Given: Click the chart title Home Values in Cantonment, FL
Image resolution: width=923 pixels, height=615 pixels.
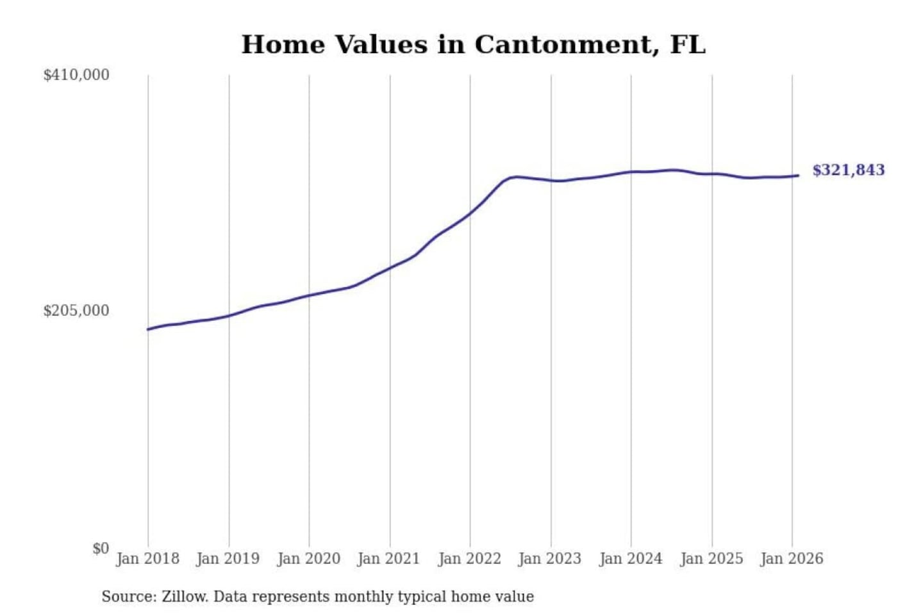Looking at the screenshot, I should [473, 45].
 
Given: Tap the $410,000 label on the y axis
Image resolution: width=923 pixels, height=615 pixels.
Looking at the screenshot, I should [76, 75].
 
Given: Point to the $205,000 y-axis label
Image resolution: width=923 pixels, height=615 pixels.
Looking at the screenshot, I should [76, 311].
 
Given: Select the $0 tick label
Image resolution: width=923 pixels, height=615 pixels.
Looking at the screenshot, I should [101, 548].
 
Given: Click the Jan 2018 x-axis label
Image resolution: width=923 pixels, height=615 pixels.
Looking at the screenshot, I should [147, 559].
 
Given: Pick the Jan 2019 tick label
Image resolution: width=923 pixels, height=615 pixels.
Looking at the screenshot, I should [228, 559].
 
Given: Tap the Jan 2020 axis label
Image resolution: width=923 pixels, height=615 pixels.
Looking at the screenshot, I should [308, 559].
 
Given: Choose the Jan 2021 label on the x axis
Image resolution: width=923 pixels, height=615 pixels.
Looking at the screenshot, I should [388, 559].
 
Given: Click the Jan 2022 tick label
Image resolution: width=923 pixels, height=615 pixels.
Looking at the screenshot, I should [469, 559].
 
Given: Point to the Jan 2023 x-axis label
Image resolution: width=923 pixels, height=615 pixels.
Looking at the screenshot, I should [550, 559].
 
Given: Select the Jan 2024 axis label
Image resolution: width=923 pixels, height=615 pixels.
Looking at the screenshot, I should [631, 559].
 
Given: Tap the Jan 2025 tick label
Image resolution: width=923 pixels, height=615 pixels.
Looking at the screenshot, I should [711, 559].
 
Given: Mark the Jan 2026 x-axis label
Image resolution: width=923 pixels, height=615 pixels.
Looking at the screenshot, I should [792, 559].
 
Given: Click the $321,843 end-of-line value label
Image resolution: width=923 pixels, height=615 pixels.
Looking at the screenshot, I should [848, 170].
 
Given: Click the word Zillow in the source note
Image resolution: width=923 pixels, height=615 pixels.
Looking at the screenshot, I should [184, 597].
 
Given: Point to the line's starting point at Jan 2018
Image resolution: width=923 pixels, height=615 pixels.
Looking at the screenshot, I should [149, 329].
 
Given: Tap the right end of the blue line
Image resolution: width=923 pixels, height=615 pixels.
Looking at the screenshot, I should [797, 176].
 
